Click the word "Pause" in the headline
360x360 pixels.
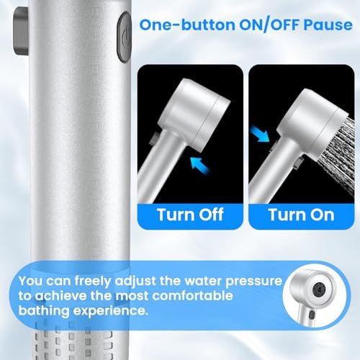(328, 25)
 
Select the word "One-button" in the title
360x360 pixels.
(187, 25)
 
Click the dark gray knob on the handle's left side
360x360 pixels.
(21, 31)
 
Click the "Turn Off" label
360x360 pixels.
(190, 215)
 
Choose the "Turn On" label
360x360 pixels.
(302, 215)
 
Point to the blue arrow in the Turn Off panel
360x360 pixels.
(199, 165)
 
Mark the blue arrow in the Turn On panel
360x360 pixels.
(260, 134)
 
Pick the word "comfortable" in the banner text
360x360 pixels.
(192, 296)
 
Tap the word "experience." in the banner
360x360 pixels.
(111, 311)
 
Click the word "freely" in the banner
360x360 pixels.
(93, 282)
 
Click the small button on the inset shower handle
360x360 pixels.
(312, 315)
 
